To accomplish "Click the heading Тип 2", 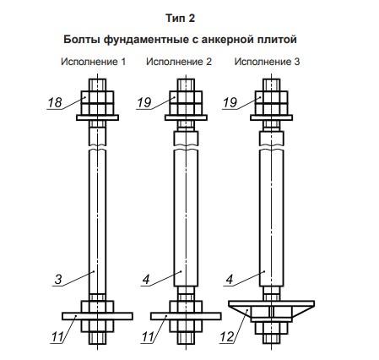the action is pos(180,19).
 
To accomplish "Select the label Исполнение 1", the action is pos(94,62).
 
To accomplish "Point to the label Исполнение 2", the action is pos(179,62).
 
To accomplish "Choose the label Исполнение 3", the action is pos(267,62).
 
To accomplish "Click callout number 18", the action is pos(55,102).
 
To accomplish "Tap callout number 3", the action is pos(58,280).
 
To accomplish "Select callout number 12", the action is pos(227,336).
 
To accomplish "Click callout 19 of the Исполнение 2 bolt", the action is pos(144,102).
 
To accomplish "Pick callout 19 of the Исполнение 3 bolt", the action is pos(230,102).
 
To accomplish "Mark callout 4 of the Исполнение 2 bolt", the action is pos(146,280).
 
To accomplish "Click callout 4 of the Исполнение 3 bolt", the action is pos(230,280).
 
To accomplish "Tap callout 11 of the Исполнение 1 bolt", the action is pos(57,336).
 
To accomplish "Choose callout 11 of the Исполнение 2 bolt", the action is pos(148,336).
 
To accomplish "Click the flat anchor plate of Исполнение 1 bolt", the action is pos(97,316).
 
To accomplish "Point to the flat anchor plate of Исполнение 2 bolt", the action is pos(186,316).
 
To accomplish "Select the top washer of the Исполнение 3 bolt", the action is pos(272,117).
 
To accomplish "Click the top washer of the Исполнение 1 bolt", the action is pos(97,117).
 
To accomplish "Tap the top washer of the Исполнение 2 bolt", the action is pos(186,117).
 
